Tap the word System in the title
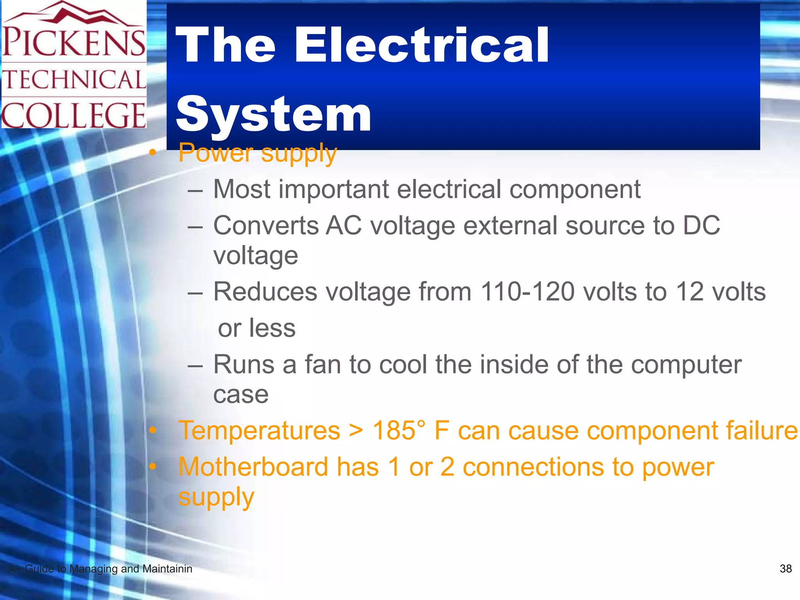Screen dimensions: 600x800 point(273,114)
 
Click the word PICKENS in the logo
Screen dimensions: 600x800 point(74,42)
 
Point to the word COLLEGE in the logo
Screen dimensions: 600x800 point(74,115)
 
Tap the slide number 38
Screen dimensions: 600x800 point(786,569)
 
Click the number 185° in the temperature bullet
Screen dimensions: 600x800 point(398,430)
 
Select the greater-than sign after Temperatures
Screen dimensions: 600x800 point(356,430)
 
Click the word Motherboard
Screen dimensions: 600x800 point(253,467)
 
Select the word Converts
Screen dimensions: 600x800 point(266,225)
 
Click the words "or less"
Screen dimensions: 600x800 point(257,328)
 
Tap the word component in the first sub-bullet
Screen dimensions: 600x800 point(575,189)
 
